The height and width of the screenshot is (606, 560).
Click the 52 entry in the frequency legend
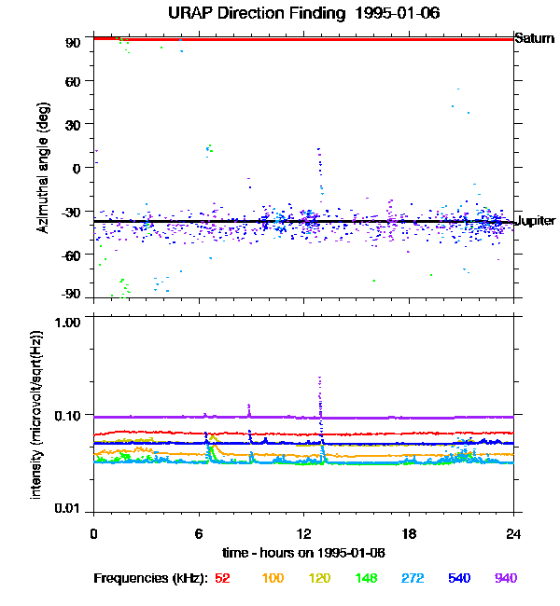[222, 578]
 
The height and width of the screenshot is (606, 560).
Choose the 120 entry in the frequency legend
[320, 578]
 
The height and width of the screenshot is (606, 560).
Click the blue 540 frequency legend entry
[458, 578]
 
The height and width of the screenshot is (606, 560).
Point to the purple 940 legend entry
[505, 578]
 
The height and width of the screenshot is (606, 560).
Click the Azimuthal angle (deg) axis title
[44, 168]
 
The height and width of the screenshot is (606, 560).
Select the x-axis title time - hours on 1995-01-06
[302, 553]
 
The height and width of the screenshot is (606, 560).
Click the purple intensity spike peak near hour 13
[320, 378]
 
